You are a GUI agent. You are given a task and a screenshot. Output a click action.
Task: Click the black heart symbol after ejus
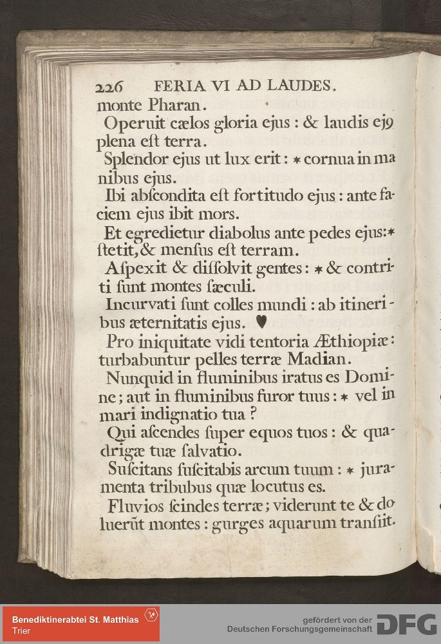261,319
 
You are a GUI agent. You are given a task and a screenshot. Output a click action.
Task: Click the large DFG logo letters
406,623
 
